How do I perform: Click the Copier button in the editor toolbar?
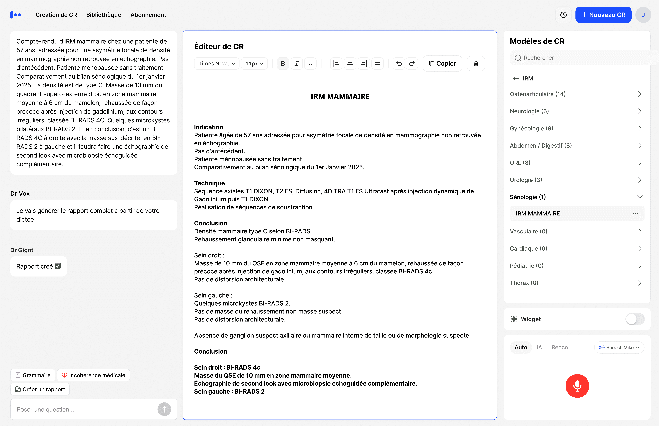coord(442,64)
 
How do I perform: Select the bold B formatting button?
coord(283,64)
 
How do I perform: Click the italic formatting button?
coord(296,64)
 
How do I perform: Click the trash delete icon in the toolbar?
coord(476,64)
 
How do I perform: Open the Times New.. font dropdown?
coord(217,64)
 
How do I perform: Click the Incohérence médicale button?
coord(93,375)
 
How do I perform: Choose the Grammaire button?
coord(33,375)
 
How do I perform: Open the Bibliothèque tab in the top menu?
coord(103,15)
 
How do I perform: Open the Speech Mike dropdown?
coord(619,347)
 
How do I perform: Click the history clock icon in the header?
coord(563,15)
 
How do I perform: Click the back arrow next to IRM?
coord(516,79)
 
